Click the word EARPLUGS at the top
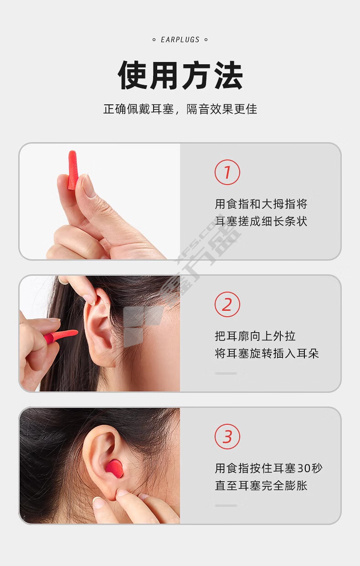tap(180, 40)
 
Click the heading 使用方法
tap(180, 75)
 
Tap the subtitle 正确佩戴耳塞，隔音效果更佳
tap(180, 109)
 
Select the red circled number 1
tap(227, 172)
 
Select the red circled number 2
tap(227, 304)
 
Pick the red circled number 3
tap(227, 437)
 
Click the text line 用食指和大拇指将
tap(261, 204)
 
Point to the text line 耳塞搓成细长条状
tap(261, 221)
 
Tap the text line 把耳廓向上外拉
tap(255, 336)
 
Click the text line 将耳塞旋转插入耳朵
tap(267, 354)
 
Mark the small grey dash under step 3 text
tap(226, 505)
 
